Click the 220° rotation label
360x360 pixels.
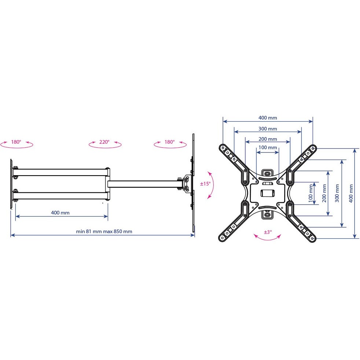click(104, 142)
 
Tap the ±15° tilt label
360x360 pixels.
click(205, 184)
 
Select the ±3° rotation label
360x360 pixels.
click(268, 232)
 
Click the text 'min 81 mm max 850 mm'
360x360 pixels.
click(104, 231)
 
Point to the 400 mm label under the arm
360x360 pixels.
click(60, 213)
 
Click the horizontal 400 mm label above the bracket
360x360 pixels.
click(268, 118)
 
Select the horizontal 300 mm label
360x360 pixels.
click(268, 129)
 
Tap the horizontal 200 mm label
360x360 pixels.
click(268, 139)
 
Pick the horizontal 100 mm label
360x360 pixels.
click(268, 147)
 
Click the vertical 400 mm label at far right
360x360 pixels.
click(351, 194)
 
